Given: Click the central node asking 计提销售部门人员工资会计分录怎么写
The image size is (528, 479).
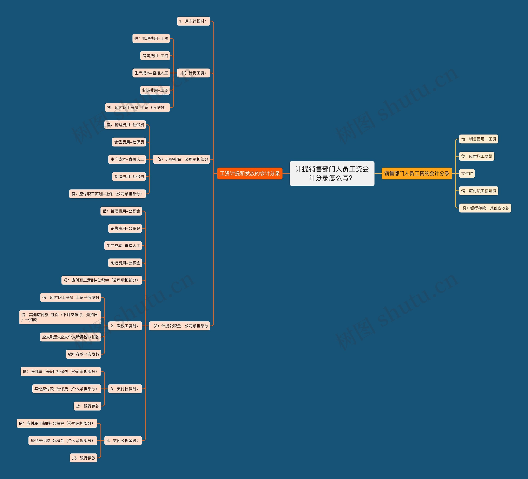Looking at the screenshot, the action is point(332,173).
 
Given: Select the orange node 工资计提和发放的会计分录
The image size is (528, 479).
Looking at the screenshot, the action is point(250,173).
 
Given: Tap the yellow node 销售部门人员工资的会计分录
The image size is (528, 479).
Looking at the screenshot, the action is point(416,173).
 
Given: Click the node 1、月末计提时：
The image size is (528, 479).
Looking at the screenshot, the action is point(193,21).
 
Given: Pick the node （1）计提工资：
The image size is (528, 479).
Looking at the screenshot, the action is point(193,73).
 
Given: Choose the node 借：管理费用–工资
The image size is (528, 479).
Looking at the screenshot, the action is point(151,39).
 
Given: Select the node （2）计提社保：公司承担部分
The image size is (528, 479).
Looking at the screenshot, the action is point(181,159).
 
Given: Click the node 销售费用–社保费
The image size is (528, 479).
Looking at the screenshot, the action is point(129,142).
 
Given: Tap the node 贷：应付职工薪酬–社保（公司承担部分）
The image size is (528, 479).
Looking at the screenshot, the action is point(107,194).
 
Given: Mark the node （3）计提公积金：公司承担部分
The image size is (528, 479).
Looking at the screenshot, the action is point(179,326).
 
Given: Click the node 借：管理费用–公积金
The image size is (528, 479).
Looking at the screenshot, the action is point(121,211).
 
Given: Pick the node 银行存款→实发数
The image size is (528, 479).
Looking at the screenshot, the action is point(84,354).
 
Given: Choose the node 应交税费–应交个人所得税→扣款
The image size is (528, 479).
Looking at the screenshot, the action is point(71,337).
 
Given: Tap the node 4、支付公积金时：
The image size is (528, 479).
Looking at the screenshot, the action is point(123,440).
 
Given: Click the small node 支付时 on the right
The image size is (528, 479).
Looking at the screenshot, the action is point(467,173).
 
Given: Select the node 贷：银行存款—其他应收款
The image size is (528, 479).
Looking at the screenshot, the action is point(485,208).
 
